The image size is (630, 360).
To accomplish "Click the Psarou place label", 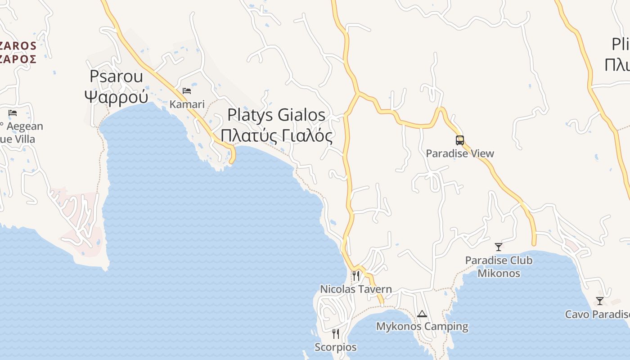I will pos(116,76).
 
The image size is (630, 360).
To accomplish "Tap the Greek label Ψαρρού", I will pos(116,96).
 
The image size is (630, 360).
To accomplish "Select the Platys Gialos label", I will pos(276,115).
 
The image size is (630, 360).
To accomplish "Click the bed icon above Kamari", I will pos(187,91).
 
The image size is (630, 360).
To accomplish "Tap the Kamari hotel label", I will pos(187,104).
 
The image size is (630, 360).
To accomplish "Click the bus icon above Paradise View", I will pos(459,140).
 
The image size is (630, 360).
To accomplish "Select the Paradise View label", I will pos(459,153).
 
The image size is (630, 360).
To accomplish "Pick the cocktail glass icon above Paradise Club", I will pos(498,247).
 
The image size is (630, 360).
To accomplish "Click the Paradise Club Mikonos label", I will pos(499,267).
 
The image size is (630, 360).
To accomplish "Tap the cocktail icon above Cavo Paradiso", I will pos(599,301).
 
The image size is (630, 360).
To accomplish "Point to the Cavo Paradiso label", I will pos(597,314).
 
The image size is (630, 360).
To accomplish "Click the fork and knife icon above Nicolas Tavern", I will pos(355,275).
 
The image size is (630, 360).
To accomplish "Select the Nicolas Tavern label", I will pos(355,289).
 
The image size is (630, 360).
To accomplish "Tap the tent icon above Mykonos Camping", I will pos(422,314).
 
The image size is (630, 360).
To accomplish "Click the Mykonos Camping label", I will pos(422,326).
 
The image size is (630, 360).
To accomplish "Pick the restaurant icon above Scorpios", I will pos(335,333).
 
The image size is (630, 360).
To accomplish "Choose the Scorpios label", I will pos(335,347).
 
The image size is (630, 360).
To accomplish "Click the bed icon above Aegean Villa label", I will pos(13,112).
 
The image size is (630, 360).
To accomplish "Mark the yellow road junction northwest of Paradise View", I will pos(358,93).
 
